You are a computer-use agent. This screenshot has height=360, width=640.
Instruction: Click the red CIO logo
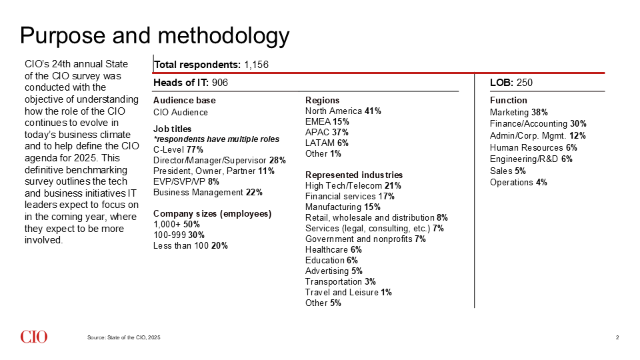34,337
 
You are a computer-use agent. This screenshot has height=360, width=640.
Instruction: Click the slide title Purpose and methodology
155,36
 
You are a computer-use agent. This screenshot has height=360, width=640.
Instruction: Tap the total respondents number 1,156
256,65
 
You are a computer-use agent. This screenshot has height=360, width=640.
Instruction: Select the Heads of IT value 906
219,83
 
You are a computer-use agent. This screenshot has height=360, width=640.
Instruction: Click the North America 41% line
343,111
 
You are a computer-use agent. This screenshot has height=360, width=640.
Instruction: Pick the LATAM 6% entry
327,143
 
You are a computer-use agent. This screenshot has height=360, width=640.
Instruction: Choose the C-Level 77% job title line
178,150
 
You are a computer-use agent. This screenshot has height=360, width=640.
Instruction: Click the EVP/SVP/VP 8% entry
186,181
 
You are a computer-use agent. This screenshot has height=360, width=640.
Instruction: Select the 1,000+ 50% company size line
176,225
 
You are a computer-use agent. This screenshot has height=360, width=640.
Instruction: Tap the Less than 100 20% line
191,246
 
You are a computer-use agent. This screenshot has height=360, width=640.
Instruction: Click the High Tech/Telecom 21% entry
353,186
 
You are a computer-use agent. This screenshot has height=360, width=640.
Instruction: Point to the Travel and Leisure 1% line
348,292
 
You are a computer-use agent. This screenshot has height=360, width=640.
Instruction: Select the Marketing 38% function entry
519,112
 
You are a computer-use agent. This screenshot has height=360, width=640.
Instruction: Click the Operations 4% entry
519,183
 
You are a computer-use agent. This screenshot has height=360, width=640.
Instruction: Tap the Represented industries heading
354,175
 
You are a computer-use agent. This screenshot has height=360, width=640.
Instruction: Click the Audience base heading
185,101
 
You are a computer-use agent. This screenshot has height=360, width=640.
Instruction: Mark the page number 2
617,337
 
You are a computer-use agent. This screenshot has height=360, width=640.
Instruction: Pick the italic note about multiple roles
216,139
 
